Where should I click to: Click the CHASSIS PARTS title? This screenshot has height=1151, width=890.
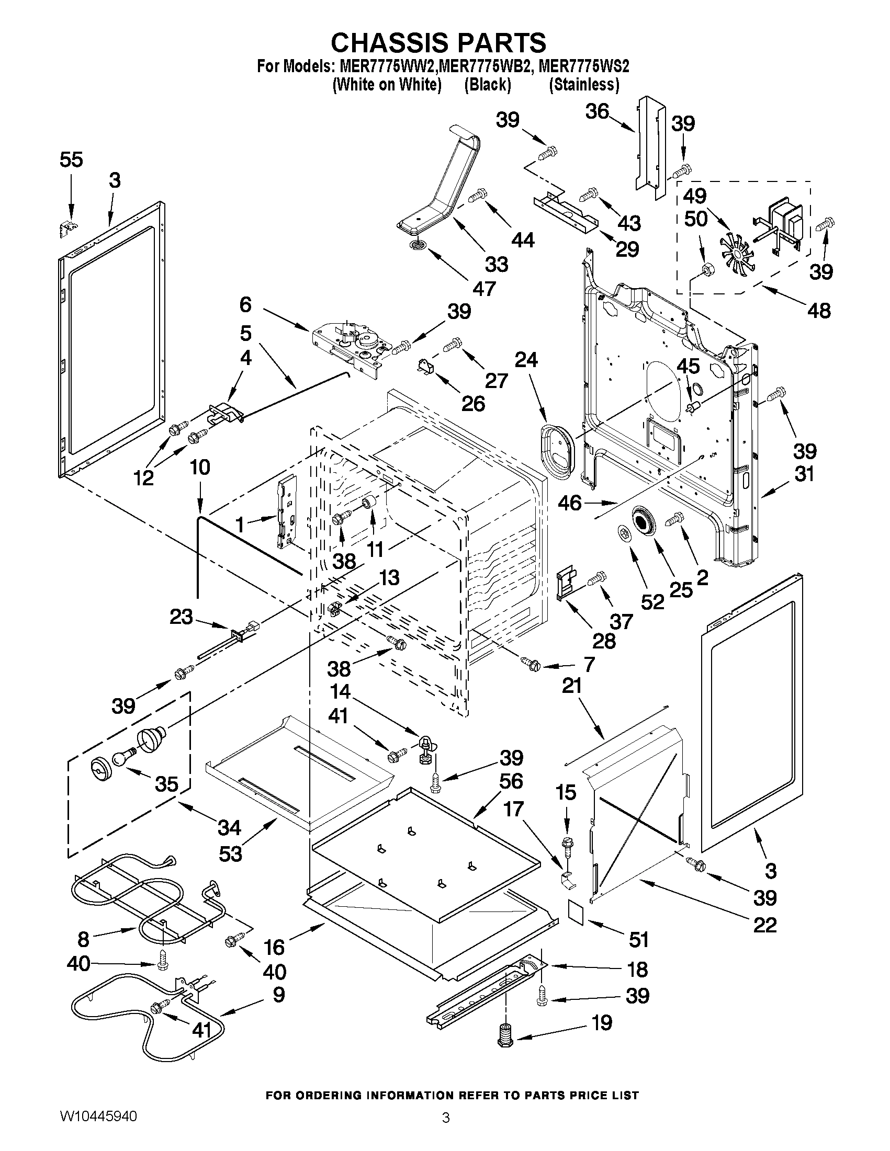click(x=438, y=42)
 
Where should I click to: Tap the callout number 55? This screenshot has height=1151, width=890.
click(x=71, y=159)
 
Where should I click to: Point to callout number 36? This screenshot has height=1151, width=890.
click(x=597, y=112)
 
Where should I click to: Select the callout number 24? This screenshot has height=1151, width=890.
click(x=526, y=360)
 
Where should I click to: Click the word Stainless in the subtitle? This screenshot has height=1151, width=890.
click(x=584, y=85)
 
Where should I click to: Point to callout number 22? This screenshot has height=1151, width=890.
click(x=764, y=925)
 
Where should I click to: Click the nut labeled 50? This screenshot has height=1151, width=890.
click(x=705, y=271)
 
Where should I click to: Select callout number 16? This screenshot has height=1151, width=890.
click(x=275, y=947)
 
